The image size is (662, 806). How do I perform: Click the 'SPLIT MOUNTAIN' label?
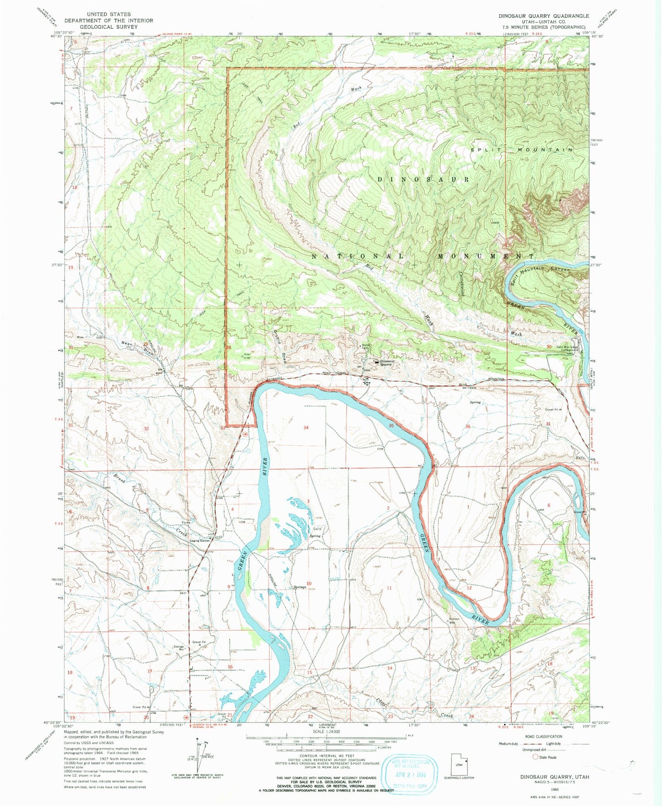[x=522, y=150]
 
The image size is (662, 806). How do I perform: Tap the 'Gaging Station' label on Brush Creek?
[x=200, y=541]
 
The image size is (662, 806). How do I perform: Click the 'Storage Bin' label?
[x=179, y=648]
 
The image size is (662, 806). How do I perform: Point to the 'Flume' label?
[x=186, y=522]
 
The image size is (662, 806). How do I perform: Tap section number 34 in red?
[x=306, y=427]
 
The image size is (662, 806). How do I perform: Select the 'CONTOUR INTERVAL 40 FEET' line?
[x=326, y=756]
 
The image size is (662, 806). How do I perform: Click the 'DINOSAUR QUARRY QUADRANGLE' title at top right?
[x=544, y=16]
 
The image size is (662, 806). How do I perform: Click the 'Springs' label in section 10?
[x=300, y=587]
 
